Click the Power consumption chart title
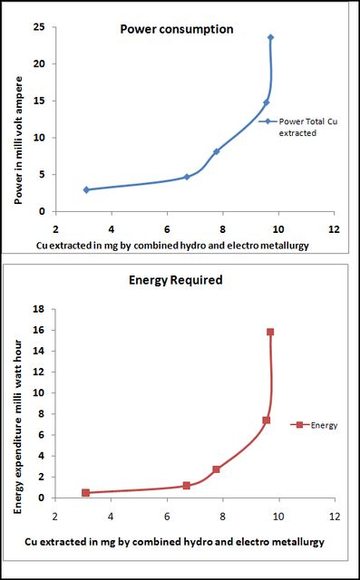click(177, 29)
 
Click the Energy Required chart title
click(175, 280)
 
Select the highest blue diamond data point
click(270, 37)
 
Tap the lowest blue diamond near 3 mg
click(86, 189)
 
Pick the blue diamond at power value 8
click(217, 151)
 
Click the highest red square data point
click(270, 332)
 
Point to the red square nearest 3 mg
click(86, 493)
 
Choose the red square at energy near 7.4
click(266, 420)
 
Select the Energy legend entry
click(314, 425)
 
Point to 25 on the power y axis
click(44, 26)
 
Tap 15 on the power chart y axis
click(44, 101)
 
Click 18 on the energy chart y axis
click(44, 308)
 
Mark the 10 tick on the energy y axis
click(44, 392)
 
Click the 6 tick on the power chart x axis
click(167, 229)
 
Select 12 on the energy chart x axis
click(335, 516)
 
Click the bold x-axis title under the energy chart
click(175, 543)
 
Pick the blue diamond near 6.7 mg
click(187, 177)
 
